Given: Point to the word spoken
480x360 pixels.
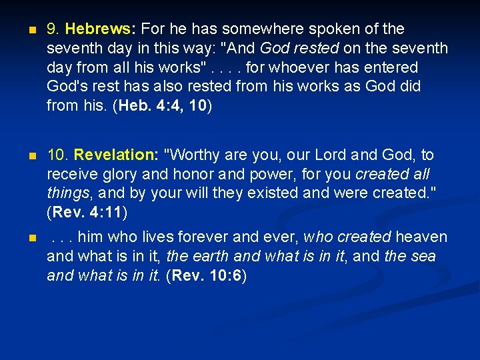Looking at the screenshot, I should pyautogui.click(x=328, y=29).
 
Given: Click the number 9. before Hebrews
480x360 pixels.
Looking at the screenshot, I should pyautogui.click(x=54, y=29).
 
